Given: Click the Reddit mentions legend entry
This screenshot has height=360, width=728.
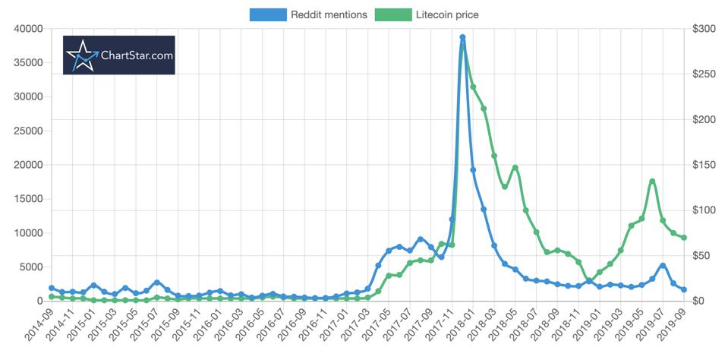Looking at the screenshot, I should tap(308, 14).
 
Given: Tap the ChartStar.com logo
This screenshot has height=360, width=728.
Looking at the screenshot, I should tap(119, 55).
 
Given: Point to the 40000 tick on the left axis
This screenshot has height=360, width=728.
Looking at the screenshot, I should tap(29, 29).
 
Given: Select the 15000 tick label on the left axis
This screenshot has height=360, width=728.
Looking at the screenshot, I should tap(29, 199).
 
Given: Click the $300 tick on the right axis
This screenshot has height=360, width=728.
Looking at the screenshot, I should tap(704, 29).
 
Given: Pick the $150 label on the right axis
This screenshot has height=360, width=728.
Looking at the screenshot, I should tap(704, 165).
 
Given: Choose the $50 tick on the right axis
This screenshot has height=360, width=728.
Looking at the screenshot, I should tap(704, 256).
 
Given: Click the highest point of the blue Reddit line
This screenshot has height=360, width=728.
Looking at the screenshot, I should tap(462, 37).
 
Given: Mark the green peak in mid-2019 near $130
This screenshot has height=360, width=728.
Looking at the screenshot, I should tap(652, 182).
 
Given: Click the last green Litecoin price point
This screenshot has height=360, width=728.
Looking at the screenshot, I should tap(684, 238).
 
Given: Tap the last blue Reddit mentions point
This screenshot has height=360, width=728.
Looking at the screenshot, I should tap(684, 290).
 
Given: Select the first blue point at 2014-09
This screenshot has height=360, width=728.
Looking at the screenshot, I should tap(52, 288).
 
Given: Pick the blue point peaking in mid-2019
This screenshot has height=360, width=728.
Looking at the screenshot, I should tap(663, 265).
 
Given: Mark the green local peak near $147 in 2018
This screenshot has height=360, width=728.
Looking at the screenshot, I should tap(515, 168).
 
